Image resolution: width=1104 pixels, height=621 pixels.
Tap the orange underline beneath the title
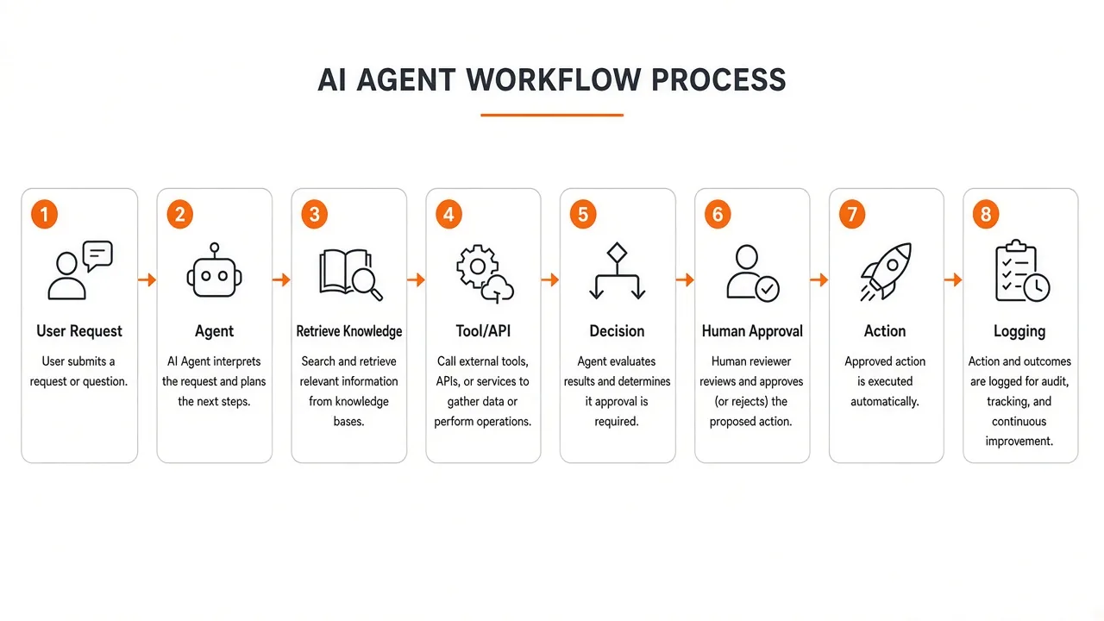click(x=552, y=115)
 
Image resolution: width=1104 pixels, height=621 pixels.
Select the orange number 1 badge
click(x=44, y=215)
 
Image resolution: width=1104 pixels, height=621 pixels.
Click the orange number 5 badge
click(x=583, y=215)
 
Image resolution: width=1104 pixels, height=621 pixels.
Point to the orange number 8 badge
click(x=986, y=215)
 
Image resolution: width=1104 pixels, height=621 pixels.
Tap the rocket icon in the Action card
click(x=886, y=271)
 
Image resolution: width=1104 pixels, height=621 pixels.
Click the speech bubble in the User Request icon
click(x=97, y=255)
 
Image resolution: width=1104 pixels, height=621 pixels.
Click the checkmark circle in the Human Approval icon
click(x=767, y=289)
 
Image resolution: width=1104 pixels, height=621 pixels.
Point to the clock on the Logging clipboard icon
click(x=1037, y=287)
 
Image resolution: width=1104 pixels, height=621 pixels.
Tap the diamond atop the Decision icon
click(x=617, y=253)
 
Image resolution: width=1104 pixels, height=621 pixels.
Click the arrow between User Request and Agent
click(x=147, y=280)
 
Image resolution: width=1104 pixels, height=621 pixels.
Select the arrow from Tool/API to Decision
click(x=550, y=280)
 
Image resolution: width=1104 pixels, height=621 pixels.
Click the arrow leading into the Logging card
click(x=954, y=280)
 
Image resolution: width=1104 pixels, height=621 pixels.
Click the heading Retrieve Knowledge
click(x=349, y=331)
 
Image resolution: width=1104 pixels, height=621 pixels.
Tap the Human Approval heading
click(x=752, y=331)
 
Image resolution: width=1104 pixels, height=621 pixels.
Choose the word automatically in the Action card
click(x=885, y=402)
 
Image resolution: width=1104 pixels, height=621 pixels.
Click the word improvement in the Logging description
click(x=1019, y=441)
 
